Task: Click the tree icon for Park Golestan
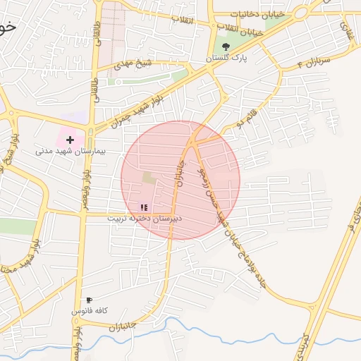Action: pos(226,47)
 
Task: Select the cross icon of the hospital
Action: pos(70,140)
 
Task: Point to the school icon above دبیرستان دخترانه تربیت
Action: pos(144,207)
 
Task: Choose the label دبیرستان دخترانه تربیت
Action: pos(145,218)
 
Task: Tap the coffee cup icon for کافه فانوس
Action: pos(89,300)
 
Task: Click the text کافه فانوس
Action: pos(88,310)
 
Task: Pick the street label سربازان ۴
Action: pos(294,64)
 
